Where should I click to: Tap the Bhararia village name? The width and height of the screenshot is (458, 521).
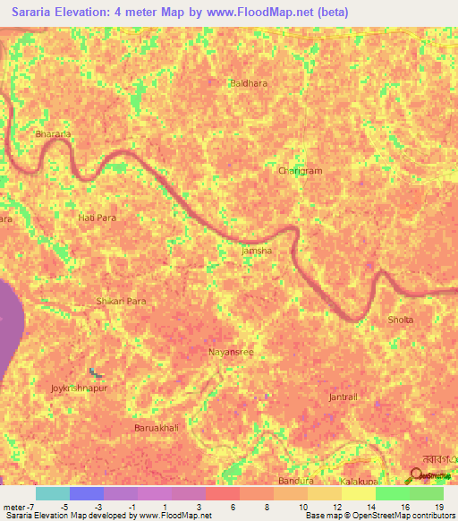click(52, 134)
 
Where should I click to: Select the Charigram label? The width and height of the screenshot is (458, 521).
click(300, 170)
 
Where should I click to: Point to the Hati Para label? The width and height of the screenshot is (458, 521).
click(97, 218)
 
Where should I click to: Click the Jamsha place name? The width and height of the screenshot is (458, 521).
click(257, 252)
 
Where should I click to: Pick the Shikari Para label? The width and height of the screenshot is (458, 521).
click(121, 302)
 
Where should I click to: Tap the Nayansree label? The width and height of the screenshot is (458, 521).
click(232, 352)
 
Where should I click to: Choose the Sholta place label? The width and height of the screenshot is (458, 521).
click(401, 320)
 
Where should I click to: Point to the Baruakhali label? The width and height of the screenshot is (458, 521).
click(157, 429)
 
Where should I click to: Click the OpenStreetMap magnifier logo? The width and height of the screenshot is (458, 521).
click(417, 474)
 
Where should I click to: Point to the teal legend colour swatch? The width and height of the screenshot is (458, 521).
click(52, 493)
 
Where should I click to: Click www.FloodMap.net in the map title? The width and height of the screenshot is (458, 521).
click(273, 13)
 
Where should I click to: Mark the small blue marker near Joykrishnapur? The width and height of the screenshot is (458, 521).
click(94, 372)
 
